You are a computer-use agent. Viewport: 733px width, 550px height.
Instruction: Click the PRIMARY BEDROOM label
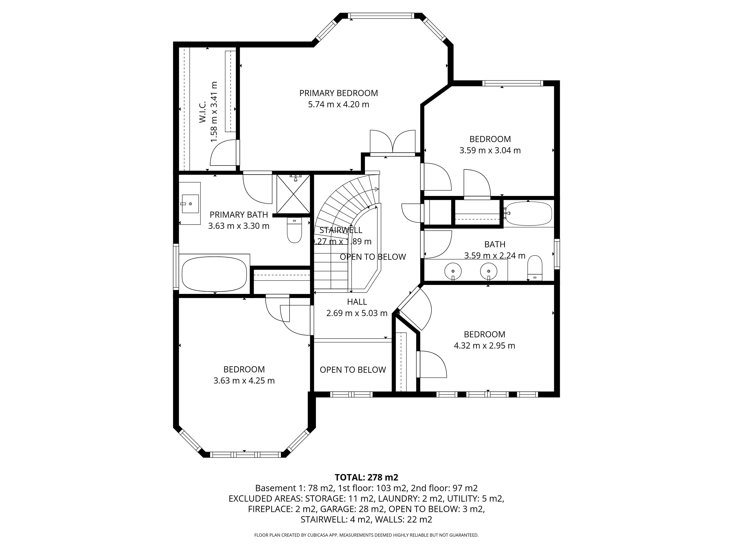(338, 93)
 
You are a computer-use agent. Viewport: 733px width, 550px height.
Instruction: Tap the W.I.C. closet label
(203, 112)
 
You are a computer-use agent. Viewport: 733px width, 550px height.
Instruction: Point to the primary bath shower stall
(293, 194)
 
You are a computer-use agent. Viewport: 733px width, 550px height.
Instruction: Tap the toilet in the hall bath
(534, 268)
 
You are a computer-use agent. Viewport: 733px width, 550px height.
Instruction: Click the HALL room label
(357, 302)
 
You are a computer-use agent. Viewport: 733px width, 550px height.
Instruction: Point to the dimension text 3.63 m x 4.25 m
(244, 381)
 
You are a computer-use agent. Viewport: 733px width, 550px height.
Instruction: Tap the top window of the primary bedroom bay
(381, 16)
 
